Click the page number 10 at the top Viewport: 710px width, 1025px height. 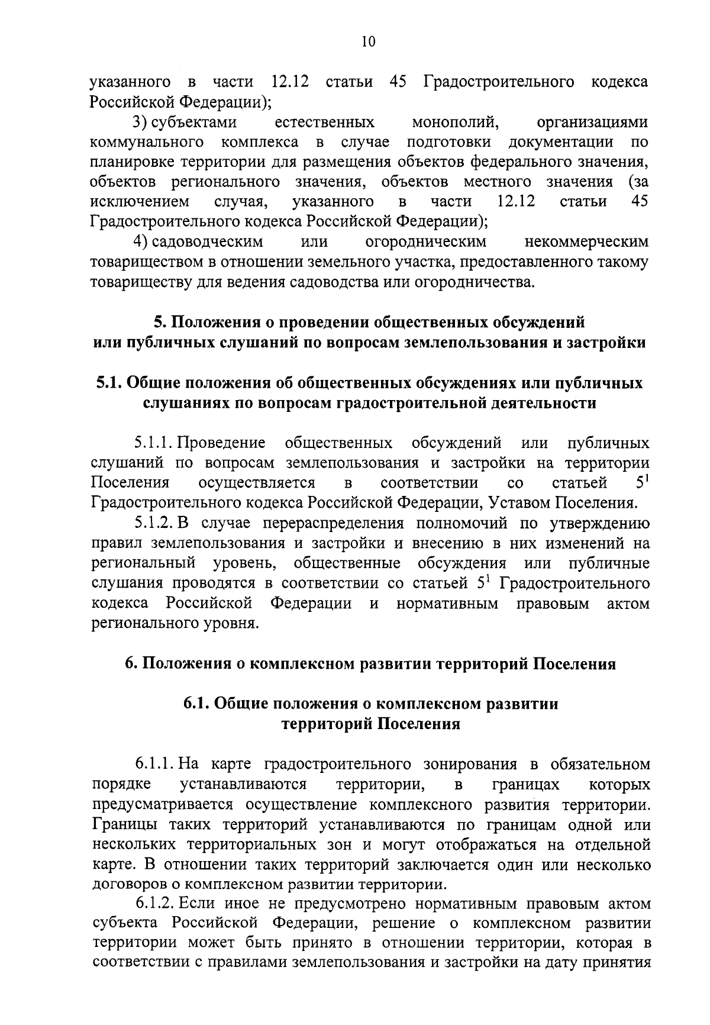(x=367, y=41)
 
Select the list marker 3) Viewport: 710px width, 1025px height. (x=139, y=123)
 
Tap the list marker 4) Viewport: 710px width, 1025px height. (x=139, y=241)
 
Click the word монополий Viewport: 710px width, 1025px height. (x=456, y=123)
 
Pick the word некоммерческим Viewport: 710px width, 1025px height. (x=586, y=241)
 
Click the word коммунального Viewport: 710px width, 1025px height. (x=147, y=143)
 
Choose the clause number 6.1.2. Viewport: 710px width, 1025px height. (x=155, y=904)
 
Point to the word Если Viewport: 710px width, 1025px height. (x=193, y=904)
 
